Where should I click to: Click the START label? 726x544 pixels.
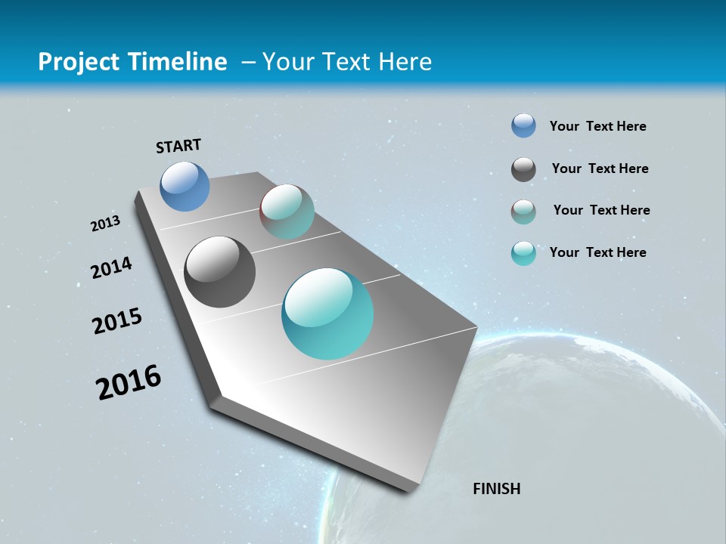coord(178,146)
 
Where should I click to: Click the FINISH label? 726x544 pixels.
coord(496,489)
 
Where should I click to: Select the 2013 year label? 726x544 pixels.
coord(105,224)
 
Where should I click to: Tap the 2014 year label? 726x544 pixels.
coord(111,267)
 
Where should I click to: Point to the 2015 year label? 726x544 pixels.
coord(117,321)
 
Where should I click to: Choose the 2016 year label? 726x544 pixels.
coord(129,382)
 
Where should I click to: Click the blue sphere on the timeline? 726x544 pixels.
coord(185,186)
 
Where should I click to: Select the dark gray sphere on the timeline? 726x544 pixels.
coord(219,272)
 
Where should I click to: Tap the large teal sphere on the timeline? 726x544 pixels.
coord(327,314)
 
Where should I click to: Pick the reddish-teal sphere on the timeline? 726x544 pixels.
coord(287,212)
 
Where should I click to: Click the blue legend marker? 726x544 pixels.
coord(523,126)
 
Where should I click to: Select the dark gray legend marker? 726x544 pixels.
coord(523,169)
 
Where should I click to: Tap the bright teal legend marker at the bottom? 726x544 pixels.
coord(523,253)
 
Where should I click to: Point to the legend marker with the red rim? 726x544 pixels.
coord(523,212)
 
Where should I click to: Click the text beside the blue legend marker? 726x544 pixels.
coord(597,126)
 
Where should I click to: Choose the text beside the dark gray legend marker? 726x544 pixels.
coord(600,168)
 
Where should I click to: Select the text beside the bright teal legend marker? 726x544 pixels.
coord(597,252)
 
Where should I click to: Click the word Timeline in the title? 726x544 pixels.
coord(179,62)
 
